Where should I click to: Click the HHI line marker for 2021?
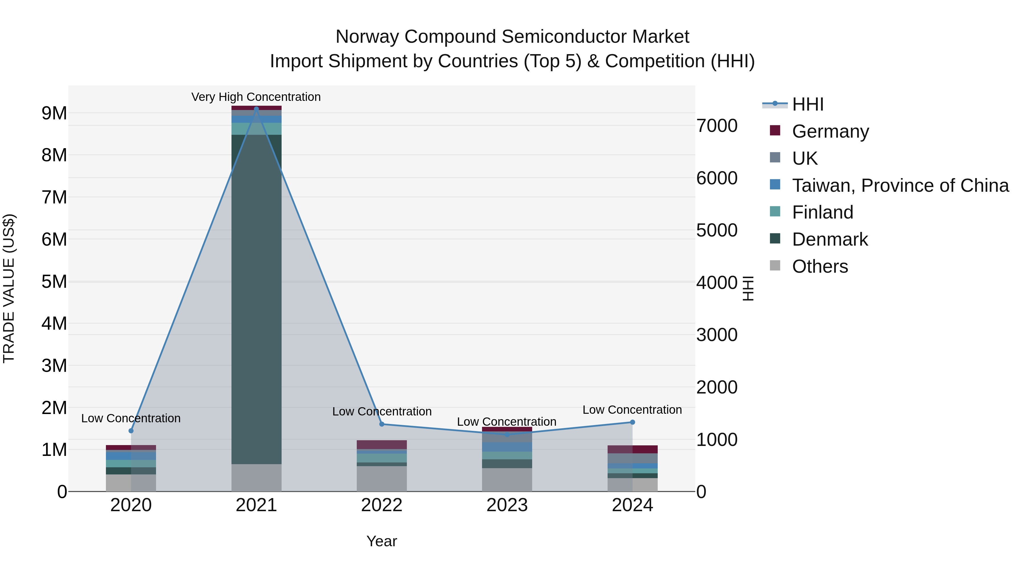(256, 109)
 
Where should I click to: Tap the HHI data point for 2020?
(131, 431)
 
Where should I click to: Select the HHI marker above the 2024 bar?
(632, 422)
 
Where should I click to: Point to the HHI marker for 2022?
(382, 424)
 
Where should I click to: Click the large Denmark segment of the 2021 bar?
(256, 299)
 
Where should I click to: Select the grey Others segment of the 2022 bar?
(382, 479)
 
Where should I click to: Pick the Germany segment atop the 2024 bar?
(632, 449)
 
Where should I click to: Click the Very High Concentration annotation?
(256, 97)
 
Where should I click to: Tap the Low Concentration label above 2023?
(507, 422)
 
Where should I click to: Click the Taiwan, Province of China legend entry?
(900, 185)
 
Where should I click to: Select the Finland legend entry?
(823, 212)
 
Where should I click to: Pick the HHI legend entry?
(807, 104)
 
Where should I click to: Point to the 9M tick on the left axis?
(54, 113)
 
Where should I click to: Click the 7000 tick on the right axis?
(717, 126)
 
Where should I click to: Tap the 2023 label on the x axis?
(507, 505)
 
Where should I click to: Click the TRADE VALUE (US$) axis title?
(9, 288)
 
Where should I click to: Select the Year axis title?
(382, 541)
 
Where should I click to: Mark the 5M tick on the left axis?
(54, 282)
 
